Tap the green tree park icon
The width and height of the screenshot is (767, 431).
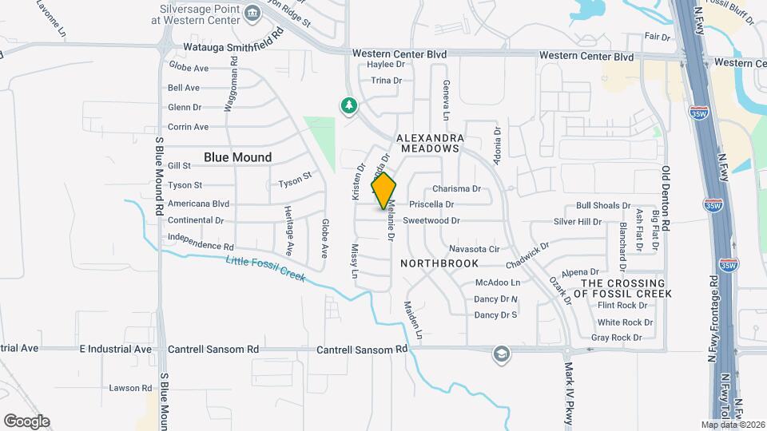[348, 105]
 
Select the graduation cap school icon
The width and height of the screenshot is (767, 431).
[501, 354]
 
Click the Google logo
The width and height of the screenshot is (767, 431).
[26, 421]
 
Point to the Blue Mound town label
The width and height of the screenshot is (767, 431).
[237, 157]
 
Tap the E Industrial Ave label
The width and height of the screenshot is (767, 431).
[116, 349]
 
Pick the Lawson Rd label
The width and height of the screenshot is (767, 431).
[130, 388]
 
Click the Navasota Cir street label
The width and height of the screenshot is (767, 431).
[473, 249]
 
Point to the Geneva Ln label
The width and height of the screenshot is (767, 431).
[447, 95]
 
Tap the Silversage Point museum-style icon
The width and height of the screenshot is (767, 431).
[252, 12]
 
